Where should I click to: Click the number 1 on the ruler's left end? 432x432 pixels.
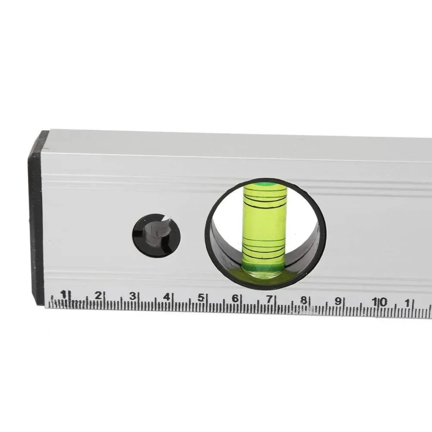pos(64,294)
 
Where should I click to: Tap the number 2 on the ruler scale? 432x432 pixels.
pos(98,296)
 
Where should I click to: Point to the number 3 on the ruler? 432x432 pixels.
pos(132,296)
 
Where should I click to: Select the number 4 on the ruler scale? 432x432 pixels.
pos(167,297)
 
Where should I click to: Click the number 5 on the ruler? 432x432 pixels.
pos(201,298)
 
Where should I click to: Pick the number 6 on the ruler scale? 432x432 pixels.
pos(235,298)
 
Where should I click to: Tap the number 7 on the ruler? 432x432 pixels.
pos(269,299)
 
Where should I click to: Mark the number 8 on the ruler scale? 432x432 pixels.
pos(303,300)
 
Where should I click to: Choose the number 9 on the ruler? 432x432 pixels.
pos(338,301)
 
